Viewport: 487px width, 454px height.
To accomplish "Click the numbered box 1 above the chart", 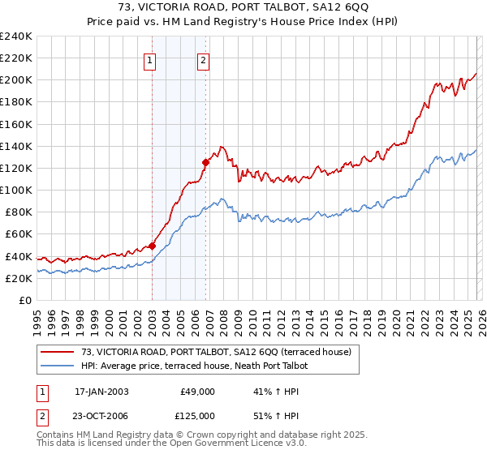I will click(151, 59).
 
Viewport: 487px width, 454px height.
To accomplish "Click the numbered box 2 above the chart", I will click(203, 59).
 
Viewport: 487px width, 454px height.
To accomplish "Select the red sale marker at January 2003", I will click(152, 246).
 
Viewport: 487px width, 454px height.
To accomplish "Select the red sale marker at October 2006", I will click(205, 162).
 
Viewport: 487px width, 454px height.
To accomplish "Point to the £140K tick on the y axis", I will click(16, 146).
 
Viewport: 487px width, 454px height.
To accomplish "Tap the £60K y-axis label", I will click(19, 234).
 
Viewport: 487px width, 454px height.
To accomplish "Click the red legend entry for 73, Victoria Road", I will click(216, 352).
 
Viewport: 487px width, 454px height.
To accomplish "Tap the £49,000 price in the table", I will click(196, 391).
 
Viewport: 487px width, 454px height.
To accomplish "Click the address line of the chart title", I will click(243, 9).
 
